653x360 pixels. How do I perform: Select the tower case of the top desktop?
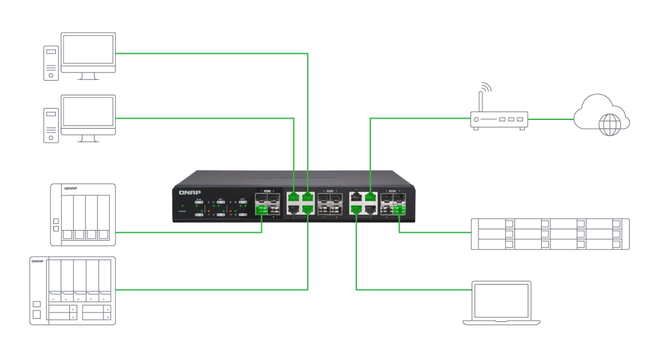[51, 63]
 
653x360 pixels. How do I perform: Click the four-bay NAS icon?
[83, 215]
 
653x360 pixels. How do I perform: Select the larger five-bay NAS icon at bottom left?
[72, 290]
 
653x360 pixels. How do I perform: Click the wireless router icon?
[499, 121]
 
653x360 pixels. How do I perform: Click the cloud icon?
[601, 115]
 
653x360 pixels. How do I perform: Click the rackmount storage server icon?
[550, 234]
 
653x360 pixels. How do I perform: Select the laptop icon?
[501, 303]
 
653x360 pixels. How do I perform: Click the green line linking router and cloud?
[550, 120]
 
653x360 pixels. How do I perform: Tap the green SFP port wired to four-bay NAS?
[261, 211]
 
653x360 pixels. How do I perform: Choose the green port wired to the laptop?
[356, 210]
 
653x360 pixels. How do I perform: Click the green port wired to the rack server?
[400, 211]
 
